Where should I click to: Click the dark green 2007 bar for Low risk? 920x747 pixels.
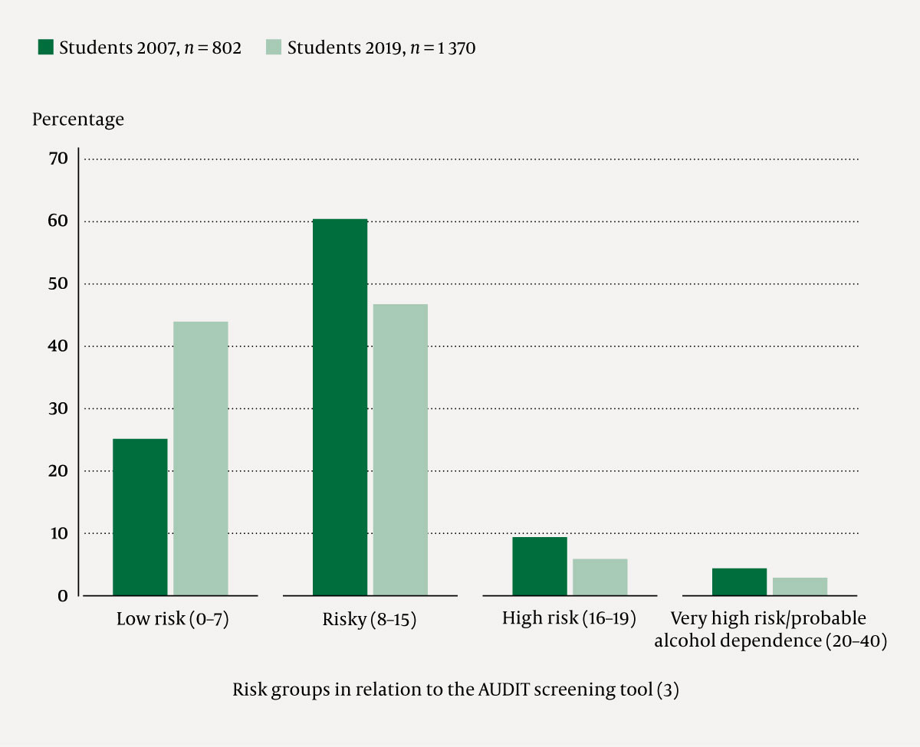pos(140,517)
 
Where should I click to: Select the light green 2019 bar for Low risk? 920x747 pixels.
pos(200,458)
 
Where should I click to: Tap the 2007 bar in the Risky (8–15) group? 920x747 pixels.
pos(340,407)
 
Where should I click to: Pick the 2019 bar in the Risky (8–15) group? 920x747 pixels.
pos(400,450)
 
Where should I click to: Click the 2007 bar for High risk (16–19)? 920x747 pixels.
pos(540,566)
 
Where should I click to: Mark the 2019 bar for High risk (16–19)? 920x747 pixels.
pos(600,577)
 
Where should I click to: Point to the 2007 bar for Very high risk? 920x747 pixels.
pos(739,582)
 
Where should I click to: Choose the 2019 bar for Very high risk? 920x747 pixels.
pos(800,586)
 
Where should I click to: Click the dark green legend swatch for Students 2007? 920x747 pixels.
pos(46,48)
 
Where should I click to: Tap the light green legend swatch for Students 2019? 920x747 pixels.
pos(274,48)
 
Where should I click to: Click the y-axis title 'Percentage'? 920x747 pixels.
pos(77,120)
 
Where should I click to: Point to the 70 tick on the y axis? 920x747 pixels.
pos(59,159)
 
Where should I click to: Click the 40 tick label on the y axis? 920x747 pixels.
pos(59,346)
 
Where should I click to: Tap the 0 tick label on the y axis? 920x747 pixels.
pos(63,595)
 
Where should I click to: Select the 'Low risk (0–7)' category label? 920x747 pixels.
pos(172,619)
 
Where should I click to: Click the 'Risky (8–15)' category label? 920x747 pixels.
pos(370,619)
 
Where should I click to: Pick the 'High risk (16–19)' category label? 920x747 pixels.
pos(569,618)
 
